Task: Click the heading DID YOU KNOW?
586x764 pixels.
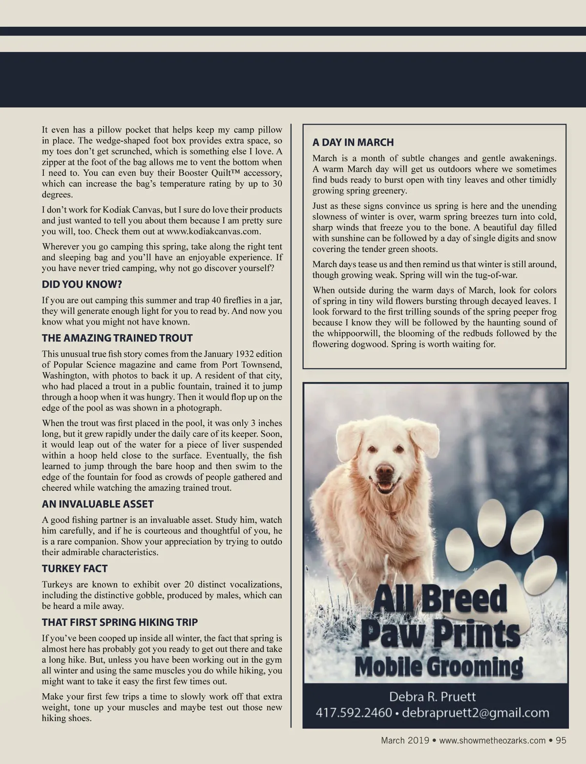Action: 82,284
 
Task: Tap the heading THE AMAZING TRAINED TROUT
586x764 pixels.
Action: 117,338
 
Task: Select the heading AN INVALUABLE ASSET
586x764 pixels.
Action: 98,504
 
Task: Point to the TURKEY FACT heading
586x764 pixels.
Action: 74,568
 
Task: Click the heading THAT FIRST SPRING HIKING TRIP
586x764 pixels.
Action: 120,622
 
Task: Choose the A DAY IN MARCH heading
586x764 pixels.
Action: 353,142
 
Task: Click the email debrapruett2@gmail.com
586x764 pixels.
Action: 477,713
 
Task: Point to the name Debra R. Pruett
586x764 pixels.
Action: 432,696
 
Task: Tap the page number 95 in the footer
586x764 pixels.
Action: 561,740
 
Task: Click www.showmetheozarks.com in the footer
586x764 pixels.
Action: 492,740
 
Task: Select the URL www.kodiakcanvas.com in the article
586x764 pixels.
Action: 213,231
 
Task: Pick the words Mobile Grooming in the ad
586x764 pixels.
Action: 438,666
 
